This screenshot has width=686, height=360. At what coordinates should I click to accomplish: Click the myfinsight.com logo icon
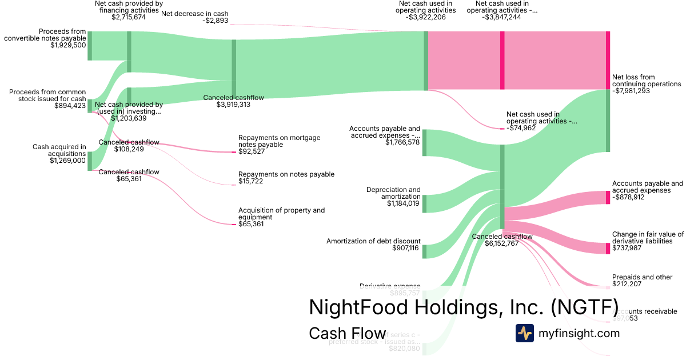coord(525,333)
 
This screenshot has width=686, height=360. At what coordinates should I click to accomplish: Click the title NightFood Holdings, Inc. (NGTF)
coord(463,307)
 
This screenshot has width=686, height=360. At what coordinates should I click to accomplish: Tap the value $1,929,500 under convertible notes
coord(68,45)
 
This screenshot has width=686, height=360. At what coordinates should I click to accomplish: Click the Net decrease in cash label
coord(195,13)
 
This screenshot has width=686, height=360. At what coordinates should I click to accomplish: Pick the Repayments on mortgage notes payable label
coord(279,141)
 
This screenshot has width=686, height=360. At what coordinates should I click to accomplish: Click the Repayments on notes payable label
coord(286,174)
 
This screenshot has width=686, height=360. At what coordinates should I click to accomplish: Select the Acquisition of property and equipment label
coord(281,214)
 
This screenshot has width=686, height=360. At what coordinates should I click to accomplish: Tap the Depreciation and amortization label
coord(393,193)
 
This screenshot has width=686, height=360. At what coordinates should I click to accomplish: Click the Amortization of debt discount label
coord(373,241)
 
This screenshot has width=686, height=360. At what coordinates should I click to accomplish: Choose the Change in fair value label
coord(648,238)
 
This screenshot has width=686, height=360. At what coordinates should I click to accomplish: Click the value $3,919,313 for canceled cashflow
coord(233,105)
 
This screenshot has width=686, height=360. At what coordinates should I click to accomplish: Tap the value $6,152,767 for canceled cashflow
coord(501,243)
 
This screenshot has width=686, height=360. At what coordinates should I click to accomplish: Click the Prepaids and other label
coord(642,277)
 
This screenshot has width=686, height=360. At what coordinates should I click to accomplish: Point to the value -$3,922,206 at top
coord(427,17)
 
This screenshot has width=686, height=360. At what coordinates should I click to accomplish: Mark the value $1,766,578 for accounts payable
coord(403,141)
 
